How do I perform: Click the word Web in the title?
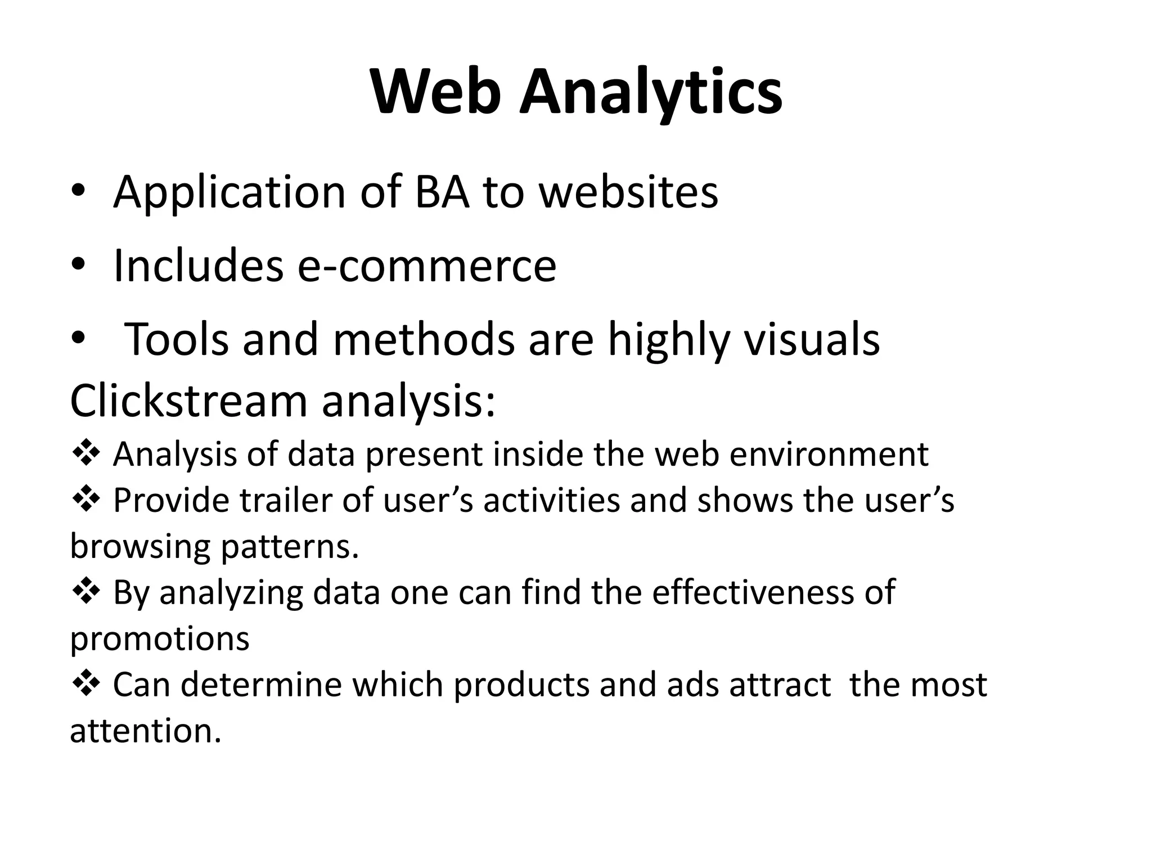(x=436, y=92)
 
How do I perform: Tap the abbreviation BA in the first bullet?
(x=442, y=192)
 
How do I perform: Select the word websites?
(x=628, y=192)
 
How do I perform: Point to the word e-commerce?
(x=427, y=265)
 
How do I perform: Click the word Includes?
(x=198, y=265)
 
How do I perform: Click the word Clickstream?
(x=188, y=400)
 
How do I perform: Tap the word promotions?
(x=160, y=638)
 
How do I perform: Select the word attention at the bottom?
(x=145, y=731)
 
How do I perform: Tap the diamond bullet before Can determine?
(x=86, y=683)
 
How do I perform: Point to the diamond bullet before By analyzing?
(x=86, y=591)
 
